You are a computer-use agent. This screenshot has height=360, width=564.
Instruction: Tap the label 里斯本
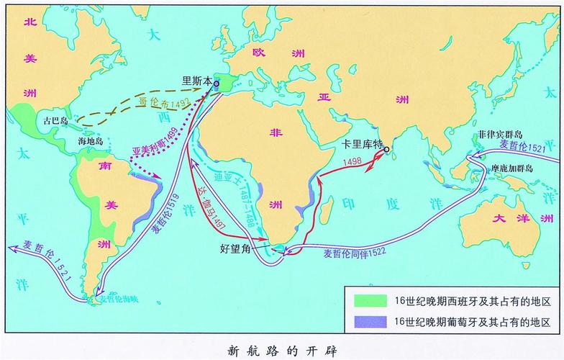pyautogui.click(x=196, y=81)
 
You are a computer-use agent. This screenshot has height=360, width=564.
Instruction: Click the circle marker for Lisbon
pyautogui.click(x=217, y=84)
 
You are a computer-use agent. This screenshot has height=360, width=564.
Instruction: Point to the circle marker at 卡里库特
pyautogui.click(x=386, y=150)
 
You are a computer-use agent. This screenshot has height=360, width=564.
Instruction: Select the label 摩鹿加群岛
pyautogui.click(x=508, y=168)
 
